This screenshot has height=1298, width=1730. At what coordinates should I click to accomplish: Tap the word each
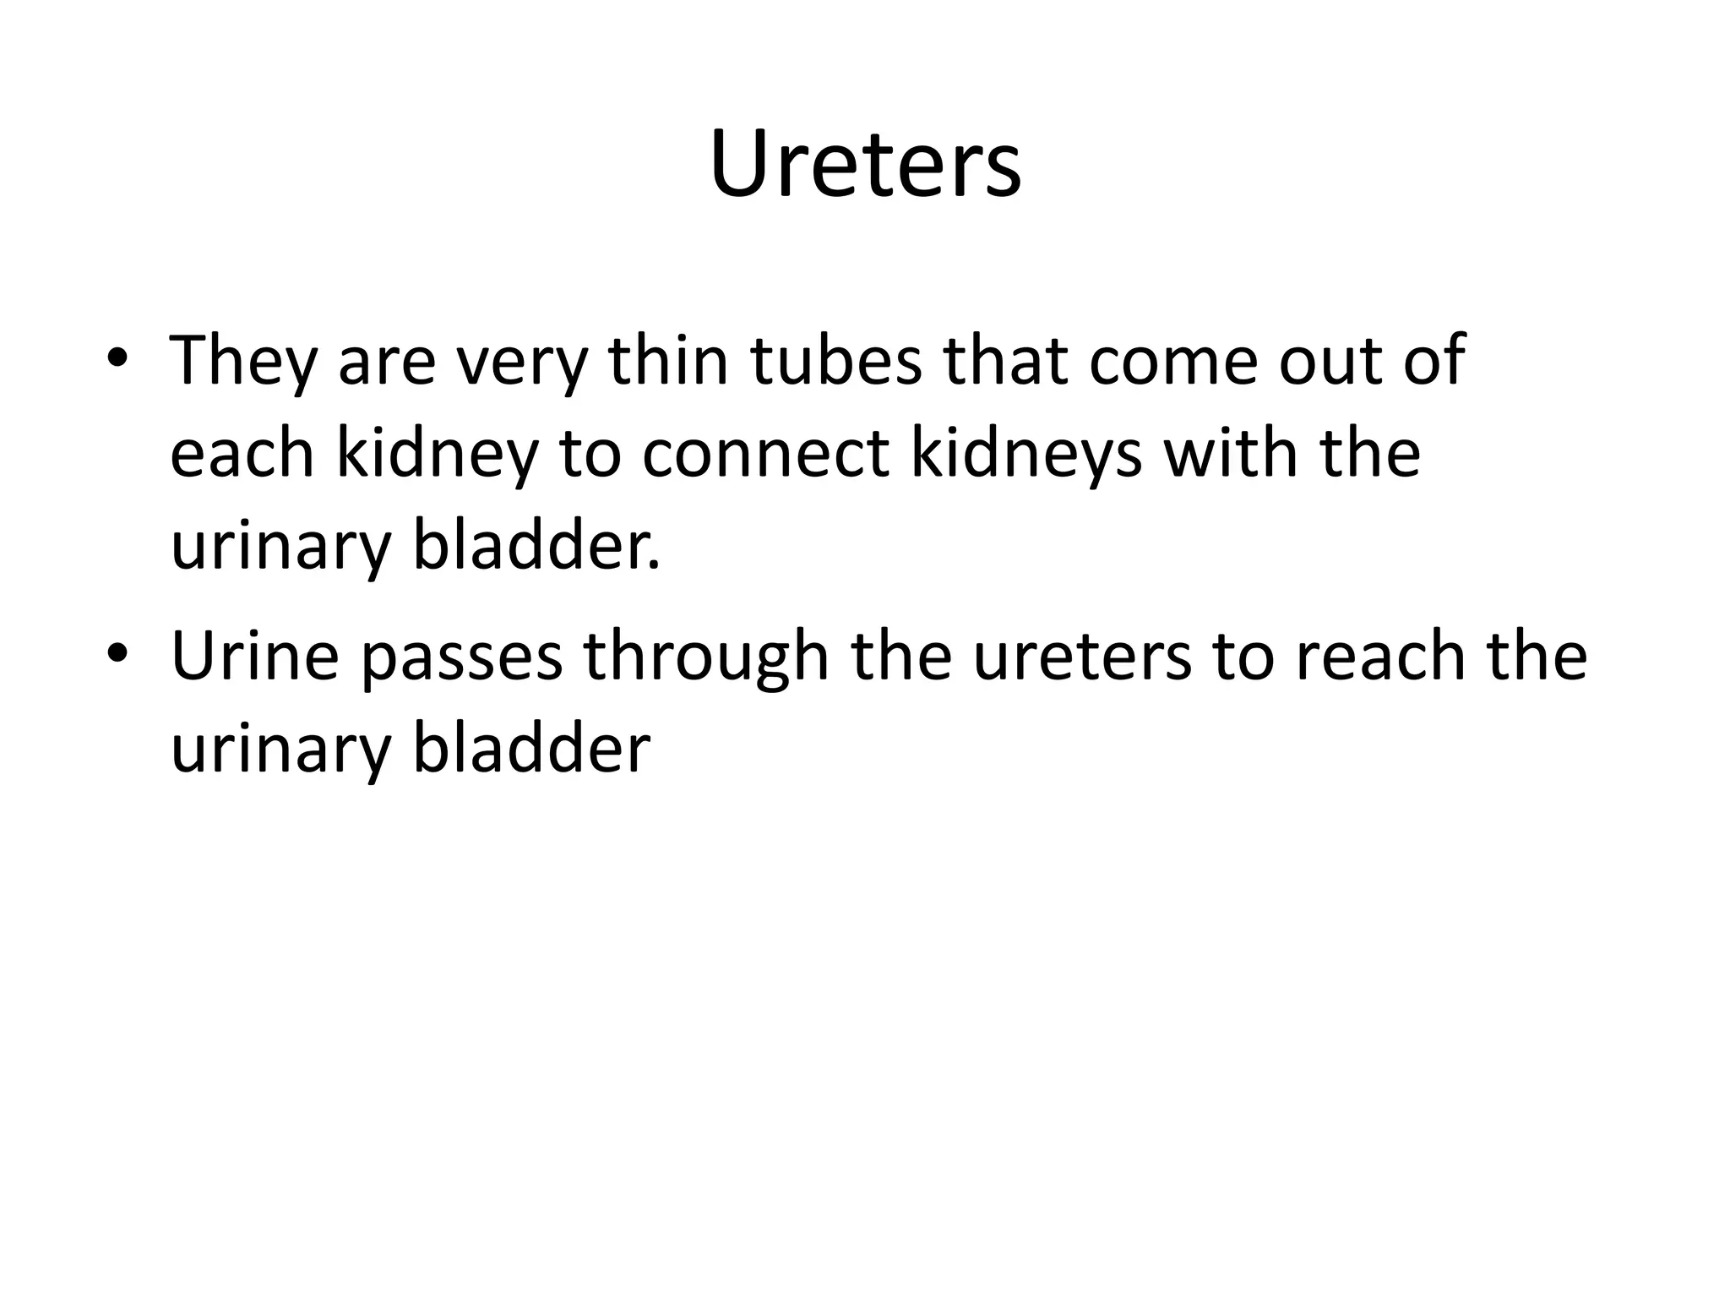pos(242,454)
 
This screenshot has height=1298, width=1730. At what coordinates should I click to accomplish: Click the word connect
pos(765,455)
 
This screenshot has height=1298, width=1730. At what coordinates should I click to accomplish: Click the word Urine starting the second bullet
pos(255,657)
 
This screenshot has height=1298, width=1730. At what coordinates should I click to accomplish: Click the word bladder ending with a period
pos(536,546)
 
